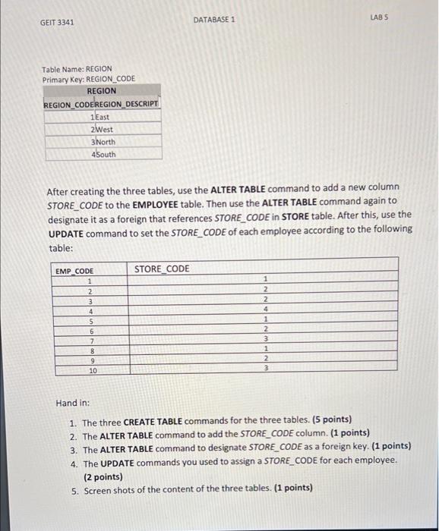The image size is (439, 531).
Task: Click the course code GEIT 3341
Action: pyautogui.click(x=57, y=22)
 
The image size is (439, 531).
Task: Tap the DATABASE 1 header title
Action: pyautogui.click(x=214, y=20)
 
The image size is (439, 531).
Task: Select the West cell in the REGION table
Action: pyautogui.click(x=104, y=129)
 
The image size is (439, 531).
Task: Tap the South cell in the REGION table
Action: pyautogui.click(x=105, y=155)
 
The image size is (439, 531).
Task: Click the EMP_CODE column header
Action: pyautogui.click(x=74, y=271)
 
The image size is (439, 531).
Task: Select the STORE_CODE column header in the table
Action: pyautogui.click(x=162, y=269)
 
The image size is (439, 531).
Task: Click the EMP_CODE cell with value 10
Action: pyautogui.click(x=93, y=371)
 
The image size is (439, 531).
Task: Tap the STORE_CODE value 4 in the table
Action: pyautogui.click(x=266, y=309)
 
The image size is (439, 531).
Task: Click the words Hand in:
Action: pyautogui.click(x=73, y=403)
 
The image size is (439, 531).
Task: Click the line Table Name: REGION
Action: pyautogui.click(x=77, y=68)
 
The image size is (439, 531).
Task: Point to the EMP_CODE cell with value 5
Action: pyautogui.click(x=90, y=320)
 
